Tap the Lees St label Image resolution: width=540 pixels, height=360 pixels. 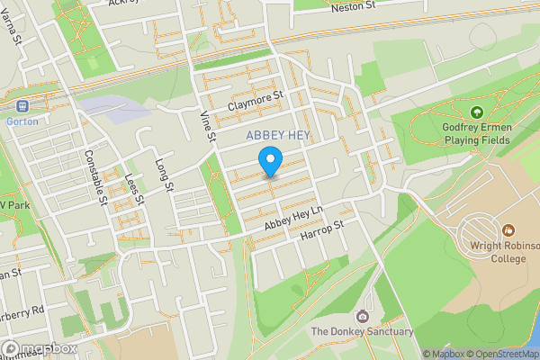[x=134, y=189]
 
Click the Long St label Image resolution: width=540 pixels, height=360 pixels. [x=163, y=175]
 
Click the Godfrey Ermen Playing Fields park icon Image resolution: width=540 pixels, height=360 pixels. [x=476, y=112]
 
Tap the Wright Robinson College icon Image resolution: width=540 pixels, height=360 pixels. [x=508, y=231]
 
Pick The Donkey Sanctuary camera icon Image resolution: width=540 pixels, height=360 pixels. [x=362, y=316]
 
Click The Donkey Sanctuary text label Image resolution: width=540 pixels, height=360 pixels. [x=362, y=332]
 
